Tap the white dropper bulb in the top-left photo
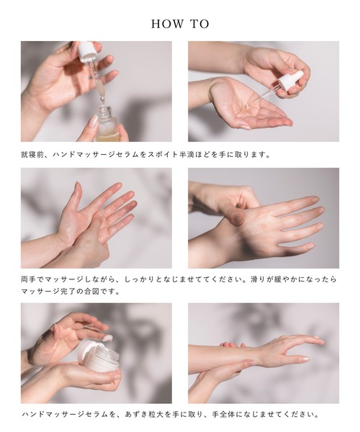point(86,50)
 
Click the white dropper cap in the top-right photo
point(291,81)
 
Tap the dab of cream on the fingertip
point(108,338)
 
